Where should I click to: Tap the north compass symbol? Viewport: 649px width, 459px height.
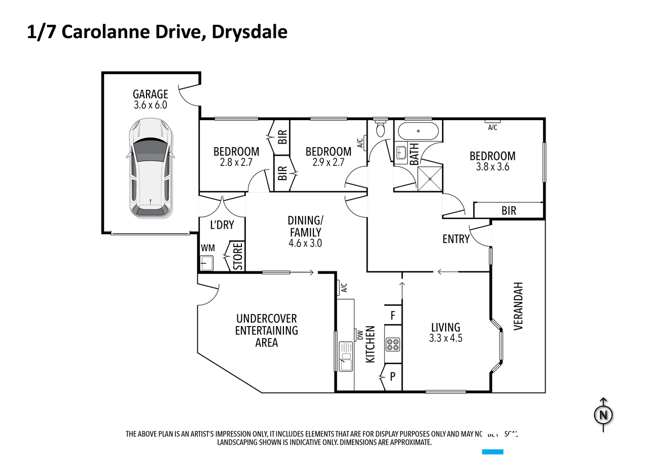603,415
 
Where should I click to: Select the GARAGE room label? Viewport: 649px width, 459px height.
150,94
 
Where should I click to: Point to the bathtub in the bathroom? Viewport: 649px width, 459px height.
418,131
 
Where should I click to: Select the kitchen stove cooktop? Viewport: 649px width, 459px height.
393,345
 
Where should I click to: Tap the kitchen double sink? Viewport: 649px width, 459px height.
346,356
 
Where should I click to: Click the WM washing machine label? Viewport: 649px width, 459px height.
207,248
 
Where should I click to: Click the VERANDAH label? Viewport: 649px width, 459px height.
518,306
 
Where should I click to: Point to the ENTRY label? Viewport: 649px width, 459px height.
456,239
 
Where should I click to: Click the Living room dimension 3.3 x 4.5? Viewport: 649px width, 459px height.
446,338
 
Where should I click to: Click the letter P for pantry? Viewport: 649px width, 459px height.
392,377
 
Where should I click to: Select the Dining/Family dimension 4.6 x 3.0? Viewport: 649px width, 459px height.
305,243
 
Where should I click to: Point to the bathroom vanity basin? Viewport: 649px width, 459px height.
401,152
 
